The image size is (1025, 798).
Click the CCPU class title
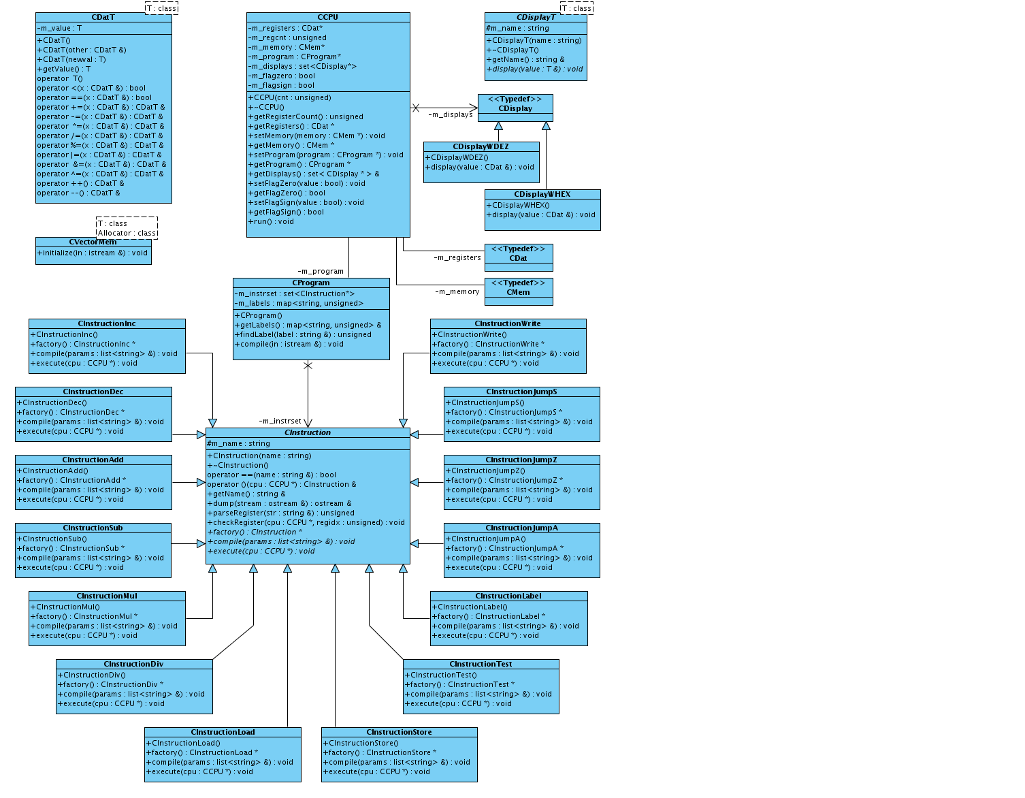point(327,17)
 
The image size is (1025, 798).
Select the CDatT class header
point(103,17)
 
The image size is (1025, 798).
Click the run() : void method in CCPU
point(271,221)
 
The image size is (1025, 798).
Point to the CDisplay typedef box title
point(515,108)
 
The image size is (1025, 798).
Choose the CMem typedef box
point(518,292)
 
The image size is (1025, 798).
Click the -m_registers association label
point(457,257)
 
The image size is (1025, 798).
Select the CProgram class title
point(310,283)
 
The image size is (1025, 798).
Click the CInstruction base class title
point(308,432)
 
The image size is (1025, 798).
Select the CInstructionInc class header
point(106,323)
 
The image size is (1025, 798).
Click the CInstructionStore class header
point(399,732)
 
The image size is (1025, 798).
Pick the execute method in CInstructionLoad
point(199,771)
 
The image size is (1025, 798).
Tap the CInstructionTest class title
point(481,664)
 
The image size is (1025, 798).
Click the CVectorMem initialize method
point(93,253)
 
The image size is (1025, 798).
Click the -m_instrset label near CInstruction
point(280,421)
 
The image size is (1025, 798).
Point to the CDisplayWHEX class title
point(542,194)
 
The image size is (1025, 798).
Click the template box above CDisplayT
point(576,8)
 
